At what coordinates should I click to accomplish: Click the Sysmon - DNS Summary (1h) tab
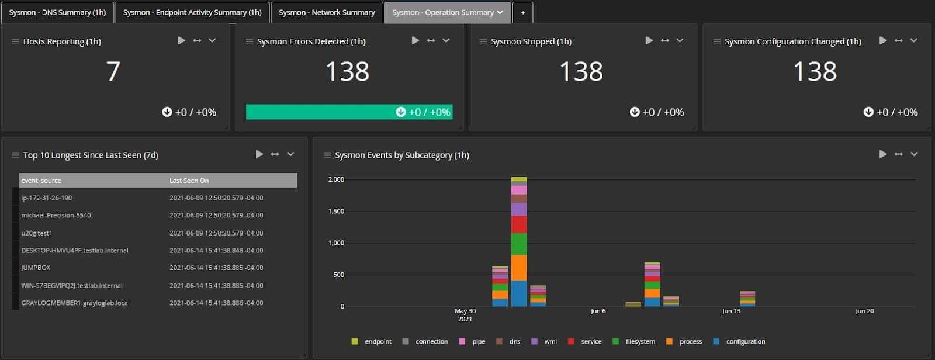tap(57, 12)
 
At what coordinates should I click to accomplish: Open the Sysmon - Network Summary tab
tap(327, 12)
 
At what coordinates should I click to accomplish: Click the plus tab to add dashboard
tap(522, 12)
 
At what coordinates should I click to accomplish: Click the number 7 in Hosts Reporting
tap(113, 71)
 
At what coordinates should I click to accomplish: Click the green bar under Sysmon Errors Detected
tap(348, 112)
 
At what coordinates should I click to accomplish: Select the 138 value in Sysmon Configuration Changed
tap(815, 71)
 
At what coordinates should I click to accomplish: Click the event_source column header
tap(41, 181)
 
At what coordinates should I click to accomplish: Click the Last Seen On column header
tap(189, 181)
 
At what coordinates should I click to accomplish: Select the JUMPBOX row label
tap(36, 268)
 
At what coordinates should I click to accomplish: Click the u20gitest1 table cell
tap(37, 233)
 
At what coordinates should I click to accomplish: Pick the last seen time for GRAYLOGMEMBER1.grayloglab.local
tap(216, 303)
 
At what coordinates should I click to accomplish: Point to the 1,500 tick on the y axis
tap(336, 211)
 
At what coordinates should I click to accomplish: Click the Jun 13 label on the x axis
tap(731, 311)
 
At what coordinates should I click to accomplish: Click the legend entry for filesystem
tap(640, 341)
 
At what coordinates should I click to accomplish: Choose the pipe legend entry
tap(479, 341)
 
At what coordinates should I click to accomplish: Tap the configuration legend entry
tap(745, 341)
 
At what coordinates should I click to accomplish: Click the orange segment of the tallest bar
tap(519, 268)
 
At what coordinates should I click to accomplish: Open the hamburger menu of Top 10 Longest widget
tap(15, 155)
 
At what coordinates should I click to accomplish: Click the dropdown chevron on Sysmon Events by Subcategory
tap(914, 154)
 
